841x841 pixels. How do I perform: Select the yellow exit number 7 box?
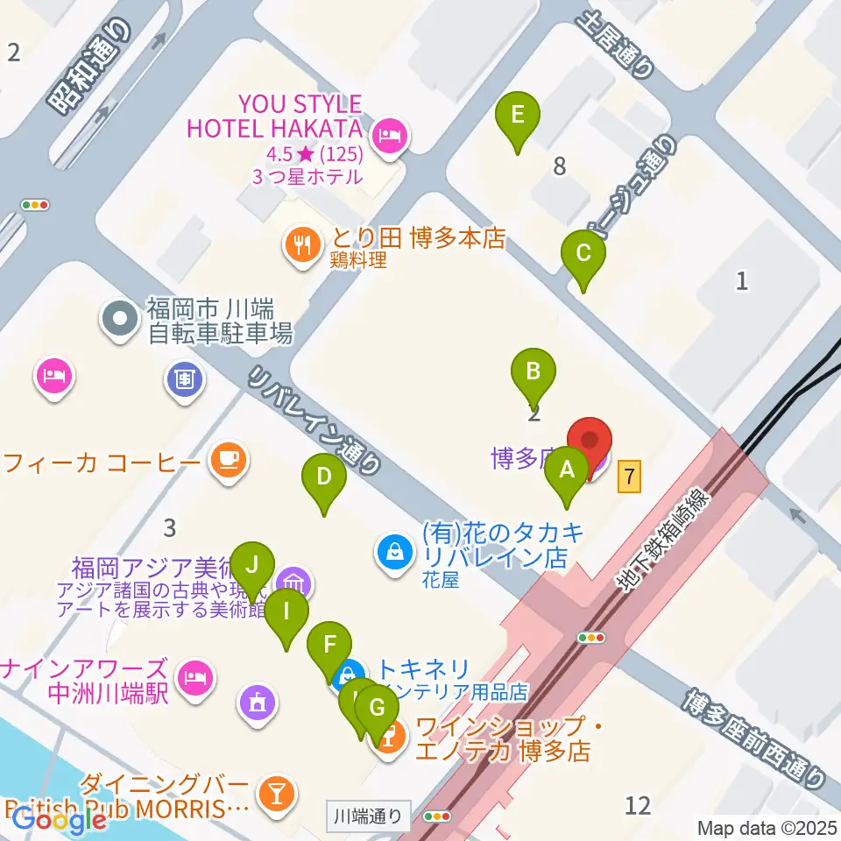630,477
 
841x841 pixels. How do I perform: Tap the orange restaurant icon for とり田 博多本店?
303,244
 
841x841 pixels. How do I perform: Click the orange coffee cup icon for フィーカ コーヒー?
230,459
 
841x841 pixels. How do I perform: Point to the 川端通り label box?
369,816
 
